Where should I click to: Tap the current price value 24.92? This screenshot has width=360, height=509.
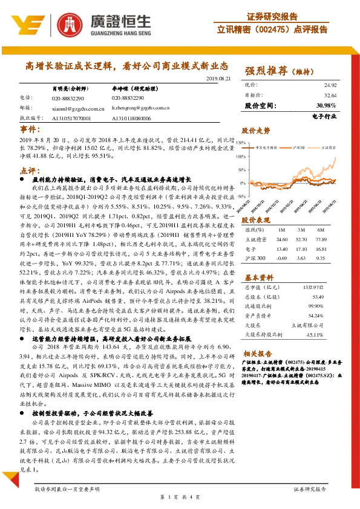click(x=329, y=86)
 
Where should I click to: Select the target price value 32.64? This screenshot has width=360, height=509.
click(x=329, y=96)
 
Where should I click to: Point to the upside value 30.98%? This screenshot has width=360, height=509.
click(x=327, y=106)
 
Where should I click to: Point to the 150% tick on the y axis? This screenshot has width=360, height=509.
click(x=240, y=143)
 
